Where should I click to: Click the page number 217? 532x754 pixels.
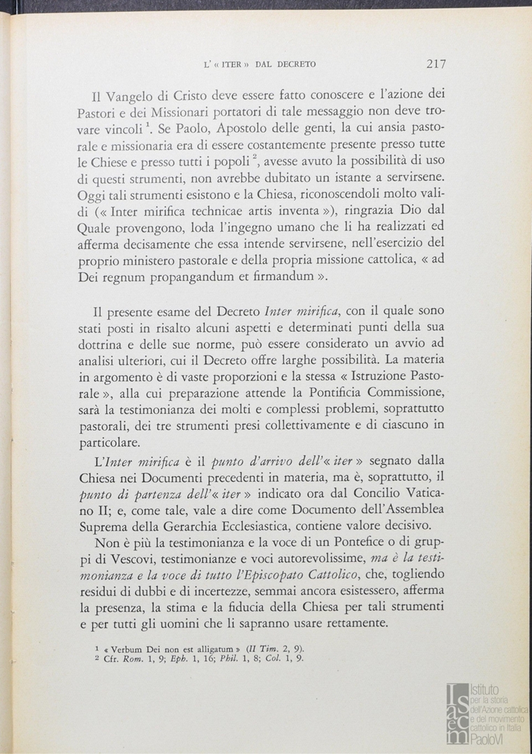(436, 64)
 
